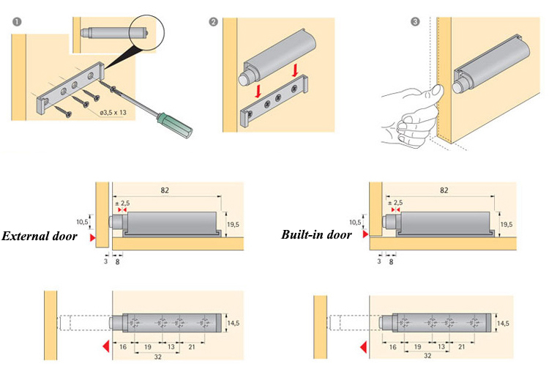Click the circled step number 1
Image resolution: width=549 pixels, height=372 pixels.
[x=17, y=22]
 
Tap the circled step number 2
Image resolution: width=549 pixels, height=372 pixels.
[x=213, y=22]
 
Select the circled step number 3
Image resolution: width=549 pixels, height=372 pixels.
[x=415, y=22]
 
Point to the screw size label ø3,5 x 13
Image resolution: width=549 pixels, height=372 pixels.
[x=113, y=113]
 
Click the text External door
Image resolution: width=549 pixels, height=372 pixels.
[x=40, y=236]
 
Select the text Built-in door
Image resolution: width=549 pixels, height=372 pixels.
[x=316, y=234]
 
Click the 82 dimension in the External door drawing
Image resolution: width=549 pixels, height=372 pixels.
[x=165, y=190]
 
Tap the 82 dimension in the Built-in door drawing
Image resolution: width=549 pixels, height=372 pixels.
[x=444, y=190]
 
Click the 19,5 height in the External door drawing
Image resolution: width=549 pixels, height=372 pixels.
[x=234, y=224]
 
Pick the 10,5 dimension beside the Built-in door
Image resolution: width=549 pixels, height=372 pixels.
[x=355, y=222]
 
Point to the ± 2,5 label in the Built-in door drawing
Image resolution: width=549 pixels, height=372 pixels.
[x=395, y=203]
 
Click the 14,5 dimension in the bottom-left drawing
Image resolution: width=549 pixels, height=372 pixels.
[x=234, y=323]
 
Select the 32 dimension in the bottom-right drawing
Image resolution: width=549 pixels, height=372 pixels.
[x=427, y=356]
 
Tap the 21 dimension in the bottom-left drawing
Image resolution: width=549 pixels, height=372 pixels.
[x=192, y=347]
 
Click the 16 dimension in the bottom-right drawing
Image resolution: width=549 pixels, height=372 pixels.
[x=393, y=347]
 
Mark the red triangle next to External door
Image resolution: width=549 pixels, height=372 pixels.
[x=92, y=238]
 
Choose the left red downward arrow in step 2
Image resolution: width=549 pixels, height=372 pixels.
[x=258, y=91]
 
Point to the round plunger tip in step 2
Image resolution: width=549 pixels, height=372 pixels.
[x=243, y=79]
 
